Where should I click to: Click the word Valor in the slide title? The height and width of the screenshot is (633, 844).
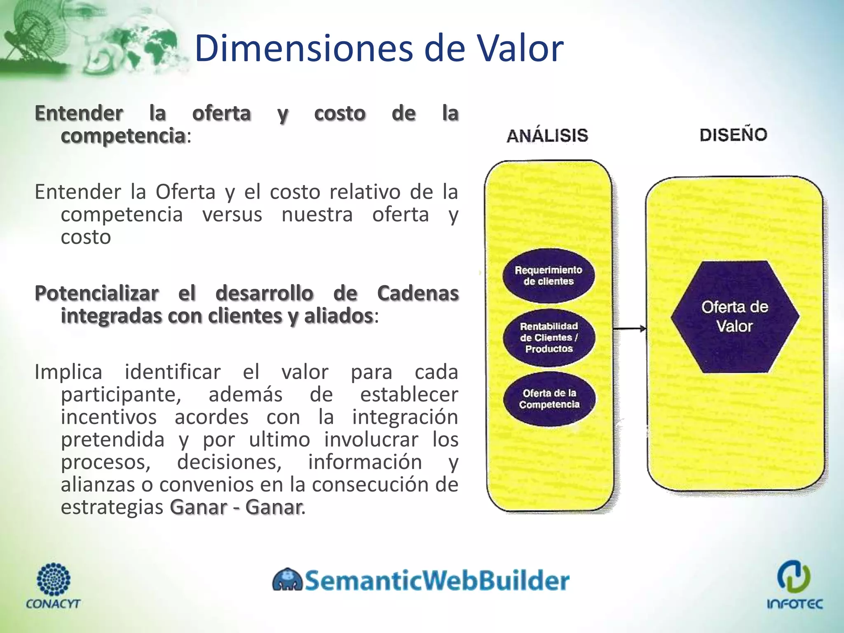(519, 48)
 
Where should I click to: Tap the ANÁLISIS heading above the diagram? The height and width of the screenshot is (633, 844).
(547, 136)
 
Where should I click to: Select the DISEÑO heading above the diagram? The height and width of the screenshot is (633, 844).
(734, 135)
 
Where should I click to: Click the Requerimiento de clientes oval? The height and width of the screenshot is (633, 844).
(549, 276)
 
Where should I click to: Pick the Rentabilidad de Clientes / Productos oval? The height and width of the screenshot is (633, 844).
(549, 338)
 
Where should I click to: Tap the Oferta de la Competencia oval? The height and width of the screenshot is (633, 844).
(549, 399)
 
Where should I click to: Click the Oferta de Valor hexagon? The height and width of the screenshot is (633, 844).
(735, 316)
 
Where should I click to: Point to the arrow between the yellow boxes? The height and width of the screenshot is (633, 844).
(629, 328)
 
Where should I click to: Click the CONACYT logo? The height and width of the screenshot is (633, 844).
(54, 585)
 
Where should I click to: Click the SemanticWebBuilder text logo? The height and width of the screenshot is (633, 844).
(437, 580)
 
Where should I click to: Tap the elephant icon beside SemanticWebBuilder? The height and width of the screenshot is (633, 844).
(287, 580)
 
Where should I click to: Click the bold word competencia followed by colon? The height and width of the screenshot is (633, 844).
(123, 136)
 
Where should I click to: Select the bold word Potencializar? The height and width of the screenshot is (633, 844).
(97, 293)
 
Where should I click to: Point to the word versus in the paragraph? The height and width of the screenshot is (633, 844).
(232, 215)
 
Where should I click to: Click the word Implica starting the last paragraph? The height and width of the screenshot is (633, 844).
(68, 372)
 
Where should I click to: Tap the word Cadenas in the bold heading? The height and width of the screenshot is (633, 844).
(417, 293)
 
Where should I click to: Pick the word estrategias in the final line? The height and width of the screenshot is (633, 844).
(112, 507)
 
